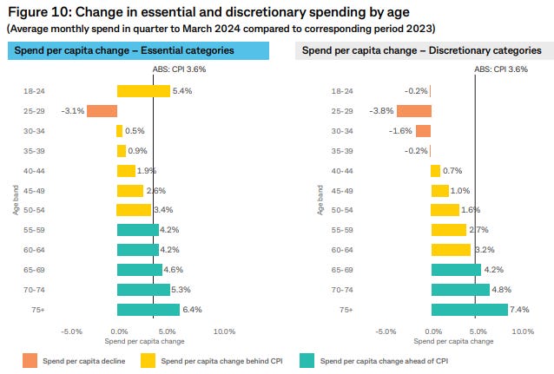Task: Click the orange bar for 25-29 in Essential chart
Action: [x=102, y=111]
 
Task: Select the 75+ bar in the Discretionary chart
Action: [x=470, y=310]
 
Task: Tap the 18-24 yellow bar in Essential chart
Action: [x=143, y=91]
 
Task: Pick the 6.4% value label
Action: [x=194, y=310]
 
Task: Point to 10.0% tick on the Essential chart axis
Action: [x=224, y=331]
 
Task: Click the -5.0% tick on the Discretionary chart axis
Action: [x=386, y=331]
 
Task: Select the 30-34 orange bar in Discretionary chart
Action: [x=423, y=131]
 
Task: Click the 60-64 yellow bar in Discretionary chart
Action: [x=451, y=250]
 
